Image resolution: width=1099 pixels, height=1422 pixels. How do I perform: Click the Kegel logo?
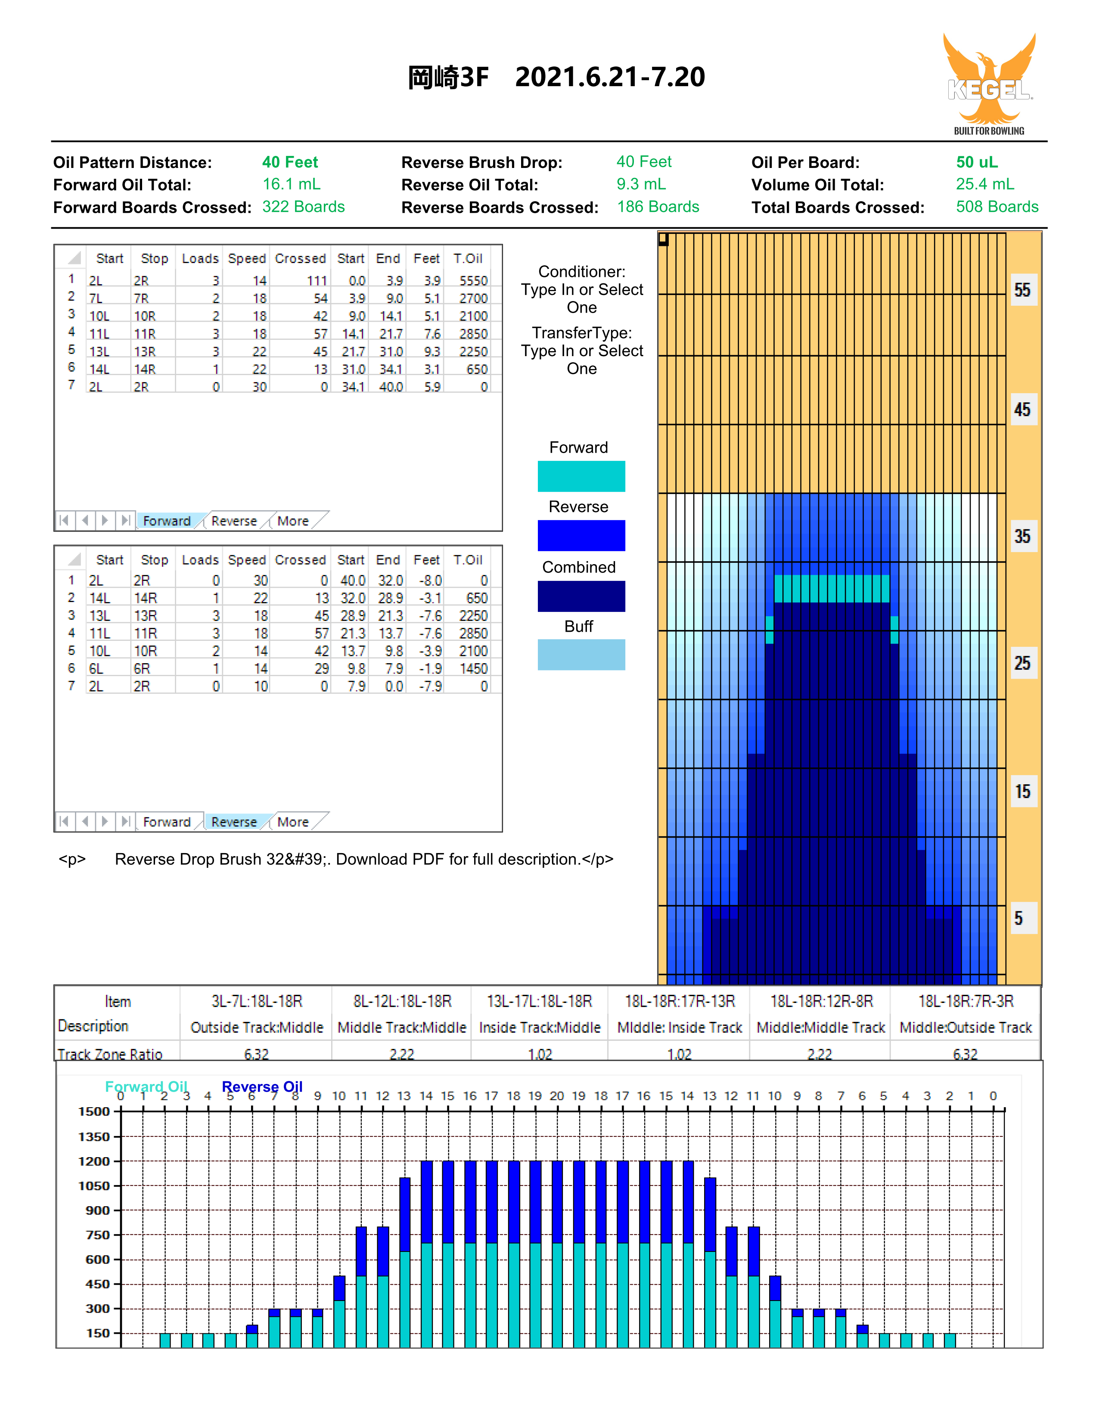(989, 84)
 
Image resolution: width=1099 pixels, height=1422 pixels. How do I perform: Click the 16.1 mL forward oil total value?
(291, 184)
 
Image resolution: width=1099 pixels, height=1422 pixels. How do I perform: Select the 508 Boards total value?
(997, 207)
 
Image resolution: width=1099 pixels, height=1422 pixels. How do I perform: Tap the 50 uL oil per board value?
(977, 162)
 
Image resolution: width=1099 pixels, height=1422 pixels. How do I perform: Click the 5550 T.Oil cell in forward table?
(473, 281)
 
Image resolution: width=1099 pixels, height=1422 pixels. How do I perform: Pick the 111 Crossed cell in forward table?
(317, 281)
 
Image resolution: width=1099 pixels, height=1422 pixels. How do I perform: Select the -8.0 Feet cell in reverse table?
(430, 580)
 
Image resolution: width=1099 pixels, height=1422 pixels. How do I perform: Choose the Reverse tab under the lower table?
(234, 822)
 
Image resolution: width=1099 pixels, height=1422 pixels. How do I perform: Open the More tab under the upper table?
(293, 521)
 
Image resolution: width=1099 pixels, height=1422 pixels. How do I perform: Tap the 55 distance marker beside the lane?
(1022, 290)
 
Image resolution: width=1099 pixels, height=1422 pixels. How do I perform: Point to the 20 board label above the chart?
(557, 1096)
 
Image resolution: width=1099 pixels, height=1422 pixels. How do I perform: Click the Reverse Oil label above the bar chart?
(262, 1087)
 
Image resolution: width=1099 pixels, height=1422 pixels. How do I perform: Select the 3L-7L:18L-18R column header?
(257, 1001)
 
